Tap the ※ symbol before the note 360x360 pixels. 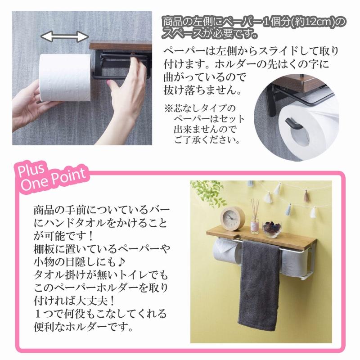click(x=167, y=109)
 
